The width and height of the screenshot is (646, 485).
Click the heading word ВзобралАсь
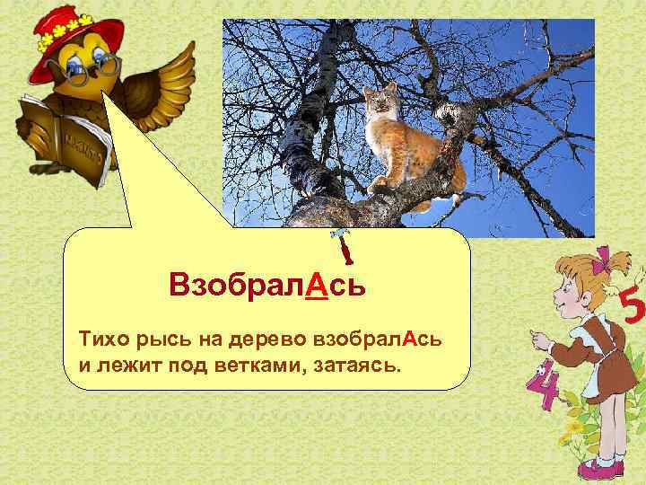[x=266, y=287]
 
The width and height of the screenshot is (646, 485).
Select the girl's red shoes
[x=599, y=465]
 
